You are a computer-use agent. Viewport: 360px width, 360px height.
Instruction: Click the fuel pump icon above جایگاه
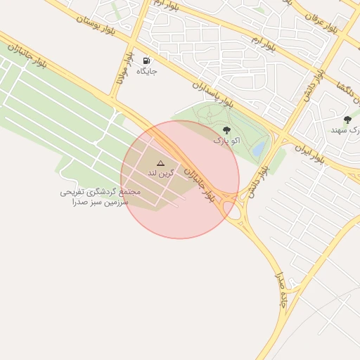coord(146,61)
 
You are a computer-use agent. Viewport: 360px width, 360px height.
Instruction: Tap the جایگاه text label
coord(146,72)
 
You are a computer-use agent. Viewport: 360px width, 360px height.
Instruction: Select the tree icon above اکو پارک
coord(226,130)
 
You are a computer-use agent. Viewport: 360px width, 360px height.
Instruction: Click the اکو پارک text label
coord(226,141)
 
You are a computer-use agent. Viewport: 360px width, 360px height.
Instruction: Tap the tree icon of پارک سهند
coord(347,120)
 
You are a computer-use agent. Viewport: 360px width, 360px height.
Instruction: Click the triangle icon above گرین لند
coord(160,162)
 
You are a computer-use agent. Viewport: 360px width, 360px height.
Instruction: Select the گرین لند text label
coord(160,172)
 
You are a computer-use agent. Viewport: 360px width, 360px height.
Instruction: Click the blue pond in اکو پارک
coord(259,149)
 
